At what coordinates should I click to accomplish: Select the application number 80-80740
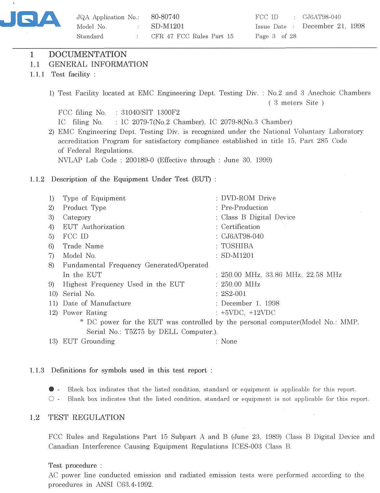tap(165, 17)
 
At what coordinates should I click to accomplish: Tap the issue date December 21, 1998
tap(333, 26)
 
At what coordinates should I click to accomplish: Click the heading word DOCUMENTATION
tap(88, 54)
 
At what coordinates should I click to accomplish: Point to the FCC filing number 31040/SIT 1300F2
tap(150, 113)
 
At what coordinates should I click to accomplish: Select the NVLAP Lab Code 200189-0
tap(139, 160)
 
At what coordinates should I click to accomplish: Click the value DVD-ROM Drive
tap(248, 198)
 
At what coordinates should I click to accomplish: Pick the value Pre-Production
tap(244, 207)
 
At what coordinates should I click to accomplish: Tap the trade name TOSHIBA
tap(237, 246)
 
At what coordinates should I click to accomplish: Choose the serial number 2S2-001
tap(233, 294)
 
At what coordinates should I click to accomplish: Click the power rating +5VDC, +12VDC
tap(248, 313)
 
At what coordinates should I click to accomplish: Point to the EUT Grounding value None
tap(229, 341)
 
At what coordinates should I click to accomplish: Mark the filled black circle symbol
tap(51, 389)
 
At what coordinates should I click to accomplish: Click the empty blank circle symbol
tap(51, 399)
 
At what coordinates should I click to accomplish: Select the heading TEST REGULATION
tap(86, 418)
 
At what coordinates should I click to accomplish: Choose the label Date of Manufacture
tap(97, 303)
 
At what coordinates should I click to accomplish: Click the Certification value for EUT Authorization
tap(240, 227)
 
